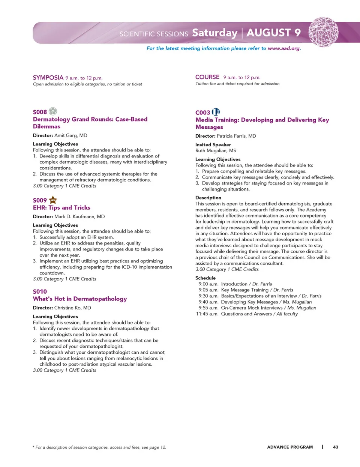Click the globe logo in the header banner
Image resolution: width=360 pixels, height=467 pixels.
coord(323,32)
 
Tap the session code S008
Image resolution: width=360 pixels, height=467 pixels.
coord(40,112)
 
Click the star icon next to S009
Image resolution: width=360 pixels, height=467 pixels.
coord(53,200)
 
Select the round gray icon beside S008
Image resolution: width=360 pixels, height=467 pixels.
coord(53,111)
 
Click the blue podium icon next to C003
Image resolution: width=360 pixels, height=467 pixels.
coord(216,112)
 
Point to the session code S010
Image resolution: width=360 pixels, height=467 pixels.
coord(40,291)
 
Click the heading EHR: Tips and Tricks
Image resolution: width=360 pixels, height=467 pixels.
coord(61,207)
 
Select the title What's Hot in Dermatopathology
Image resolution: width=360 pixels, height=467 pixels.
coord(80,299)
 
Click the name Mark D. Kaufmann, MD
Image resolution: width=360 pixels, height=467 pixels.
coord(79,216)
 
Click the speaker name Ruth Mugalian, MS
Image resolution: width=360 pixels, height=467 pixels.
coord(216,150)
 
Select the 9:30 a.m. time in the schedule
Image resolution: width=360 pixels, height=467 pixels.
coord(208,296)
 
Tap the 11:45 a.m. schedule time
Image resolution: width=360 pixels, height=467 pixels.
coord(207,314)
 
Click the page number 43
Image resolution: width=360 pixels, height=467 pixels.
coord(336,447)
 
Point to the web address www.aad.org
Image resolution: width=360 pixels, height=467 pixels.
coord(284,48)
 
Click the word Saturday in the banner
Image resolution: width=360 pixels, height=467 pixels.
coord(215,33)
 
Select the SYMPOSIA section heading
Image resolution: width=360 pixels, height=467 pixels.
coord(48,78)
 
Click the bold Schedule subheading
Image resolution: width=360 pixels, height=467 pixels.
coord(205,278)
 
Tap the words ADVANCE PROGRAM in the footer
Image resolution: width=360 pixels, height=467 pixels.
coord(290,447)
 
